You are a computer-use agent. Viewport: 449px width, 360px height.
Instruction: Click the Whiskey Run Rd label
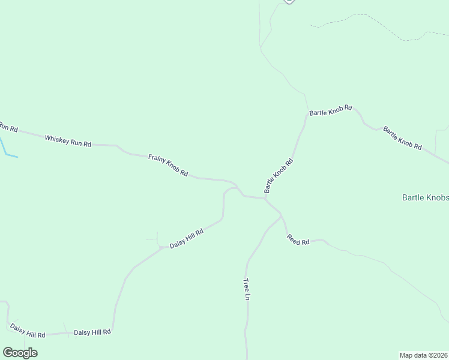click(68, 141)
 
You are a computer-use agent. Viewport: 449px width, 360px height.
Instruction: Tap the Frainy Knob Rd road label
click(168, 166)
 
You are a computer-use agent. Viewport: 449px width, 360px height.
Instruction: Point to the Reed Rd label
click(298, 239)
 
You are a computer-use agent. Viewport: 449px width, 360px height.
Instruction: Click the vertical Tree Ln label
click(246, 289)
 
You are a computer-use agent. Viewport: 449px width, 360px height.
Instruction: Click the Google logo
click(20, 352)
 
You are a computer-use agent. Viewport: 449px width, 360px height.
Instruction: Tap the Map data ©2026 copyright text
click(424, 355)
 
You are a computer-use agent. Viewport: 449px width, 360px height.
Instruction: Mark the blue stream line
click(7, 150)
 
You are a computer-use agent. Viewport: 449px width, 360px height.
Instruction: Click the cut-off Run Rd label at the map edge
click(8, 127)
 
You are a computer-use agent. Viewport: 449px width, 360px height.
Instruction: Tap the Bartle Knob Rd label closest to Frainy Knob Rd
click(279, 175)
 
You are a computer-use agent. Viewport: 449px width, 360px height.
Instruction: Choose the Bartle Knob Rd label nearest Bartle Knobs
click(402, 138)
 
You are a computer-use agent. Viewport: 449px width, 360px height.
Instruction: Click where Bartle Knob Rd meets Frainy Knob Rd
click(265, 197)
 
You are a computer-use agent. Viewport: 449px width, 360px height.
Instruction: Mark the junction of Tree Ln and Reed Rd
click(280, 215)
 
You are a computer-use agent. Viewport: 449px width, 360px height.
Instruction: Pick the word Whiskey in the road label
click(55, 139)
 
